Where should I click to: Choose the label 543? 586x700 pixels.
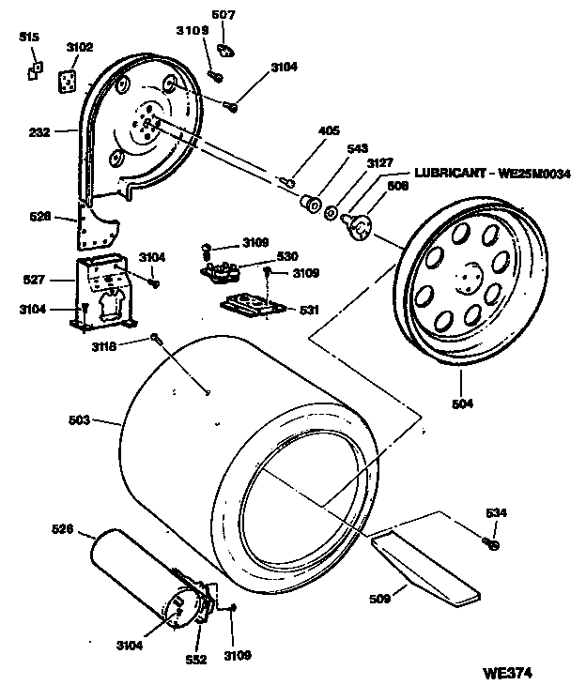tap(357, 148)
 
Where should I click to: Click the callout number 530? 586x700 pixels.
tap(286, 255)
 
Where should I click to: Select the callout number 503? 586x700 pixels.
tap(79, 420)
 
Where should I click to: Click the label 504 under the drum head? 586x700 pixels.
tap(462, 404)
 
